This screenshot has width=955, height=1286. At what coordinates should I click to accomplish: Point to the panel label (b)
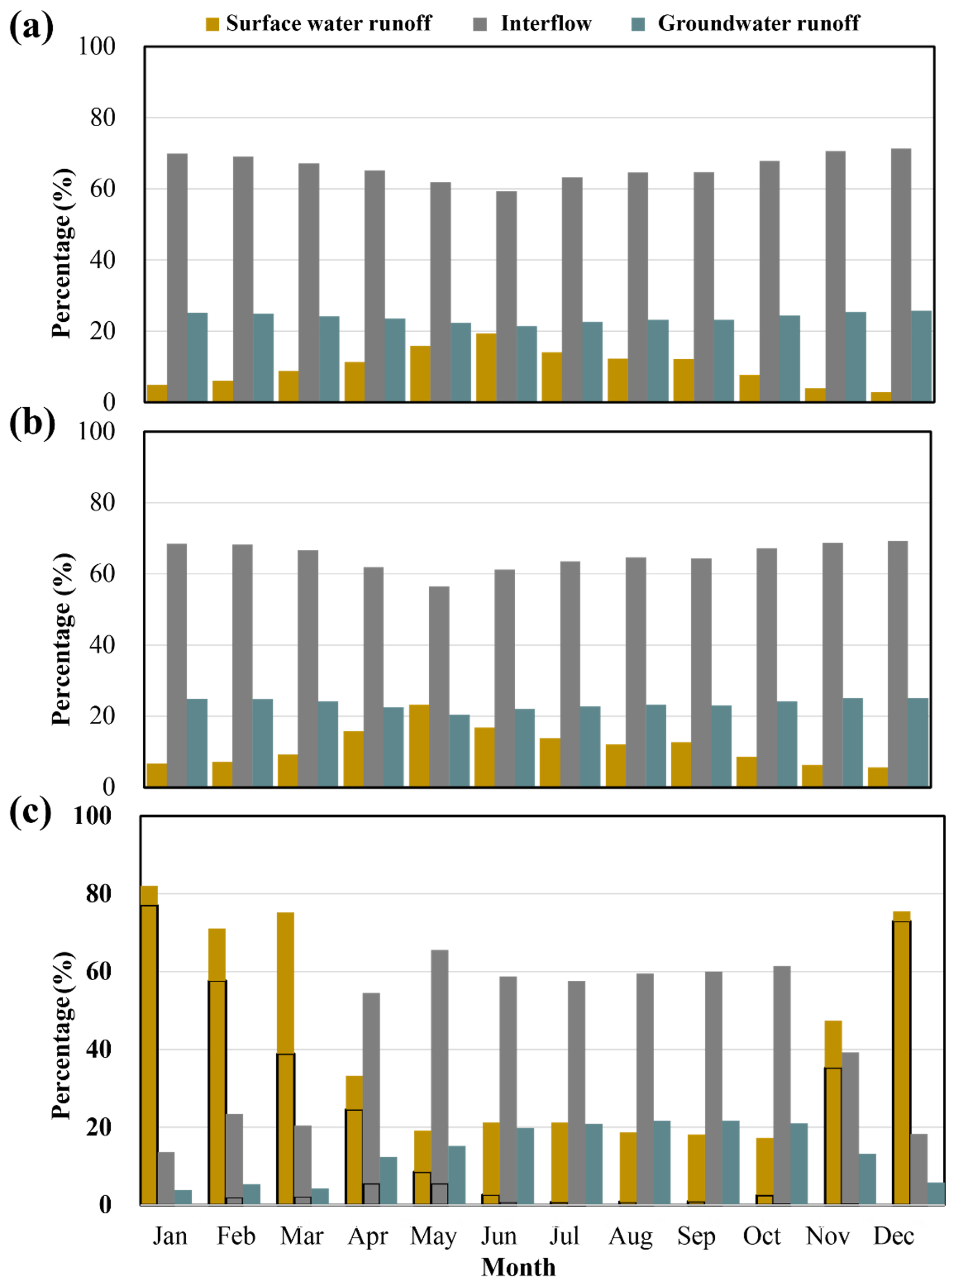(x=32, y=423)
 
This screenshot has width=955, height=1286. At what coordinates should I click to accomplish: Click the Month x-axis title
(x=518, y=1267)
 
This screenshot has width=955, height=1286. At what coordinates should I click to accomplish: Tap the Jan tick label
(x=170, y=1236)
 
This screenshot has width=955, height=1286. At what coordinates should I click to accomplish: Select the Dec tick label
(x=893, y=1236)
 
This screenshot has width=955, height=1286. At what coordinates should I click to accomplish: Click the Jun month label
(x=498, y=1236)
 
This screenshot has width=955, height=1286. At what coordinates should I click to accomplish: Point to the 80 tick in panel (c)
(x=98, y=894)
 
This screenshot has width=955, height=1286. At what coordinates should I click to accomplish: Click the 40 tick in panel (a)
(x=102, y=260)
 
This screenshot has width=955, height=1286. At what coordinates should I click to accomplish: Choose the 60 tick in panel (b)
(x=102, y=574)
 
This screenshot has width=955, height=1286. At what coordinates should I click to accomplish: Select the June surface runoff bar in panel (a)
(x=485, y=367)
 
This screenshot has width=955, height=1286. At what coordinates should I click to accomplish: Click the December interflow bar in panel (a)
(x=900, y=274)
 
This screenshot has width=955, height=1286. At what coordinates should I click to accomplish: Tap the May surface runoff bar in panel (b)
(x=419, y=745)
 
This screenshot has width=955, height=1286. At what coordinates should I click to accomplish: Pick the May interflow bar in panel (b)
(x=439, y=686)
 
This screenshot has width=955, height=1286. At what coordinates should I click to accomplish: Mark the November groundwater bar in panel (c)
(x=867, y=1179)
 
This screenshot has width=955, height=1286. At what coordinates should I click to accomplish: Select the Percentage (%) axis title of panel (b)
(x=62, y=639)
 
